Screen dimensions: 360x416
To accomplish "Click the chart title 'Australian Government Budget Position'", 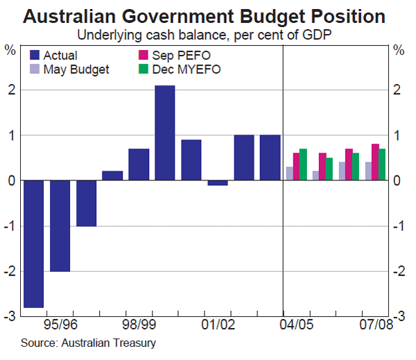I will click(207, 15).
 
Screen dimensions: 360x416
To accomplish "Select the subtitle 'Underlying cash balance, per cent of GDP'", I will click(207, 34).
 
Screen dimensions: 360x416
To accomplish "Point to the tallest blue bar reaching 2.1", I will click(164, 132).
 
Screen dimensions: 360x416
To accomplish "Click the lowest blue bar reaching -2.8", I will click(33, 243).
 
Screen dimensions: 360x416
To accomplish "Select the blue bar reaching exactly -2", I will click(60, 225).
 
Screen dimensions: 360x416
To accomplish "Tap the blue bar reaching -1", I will click(86, 203).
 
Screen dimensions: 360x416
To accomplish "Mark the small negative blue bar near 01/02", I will click(218, 182).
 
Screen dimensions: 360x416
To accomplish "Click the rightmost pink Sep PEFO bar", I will click(375, 162).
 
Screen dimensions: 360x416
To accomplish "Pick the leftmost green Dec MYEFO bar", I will click(302, 164).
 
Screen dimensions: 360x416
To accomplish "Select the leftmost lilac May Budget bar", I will click(289, 173).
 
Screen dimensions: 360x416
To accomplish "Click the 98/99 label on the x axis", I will click(138, 324).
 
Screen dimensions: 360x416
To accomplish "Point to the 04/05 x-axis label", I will click(297, 324).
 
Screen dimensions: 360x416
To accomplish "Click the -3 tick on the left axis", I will click(10, 316).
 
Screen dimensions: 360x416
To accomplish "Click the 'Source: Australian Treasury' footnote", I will click(88, 343).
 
